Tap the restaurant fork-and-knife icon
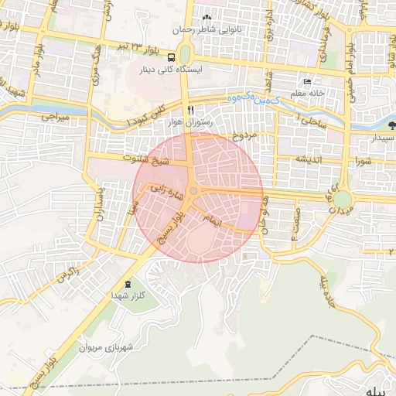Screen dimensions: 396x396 (190, 110)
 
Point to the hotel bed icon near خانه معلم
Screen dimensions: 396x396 (308, 82)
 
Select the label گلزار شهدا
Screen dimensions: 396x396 (124, 296)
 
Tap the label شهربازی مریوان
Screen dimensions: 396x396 (106, 346)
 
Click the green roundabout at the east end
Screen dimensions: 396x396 (342, 200)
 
